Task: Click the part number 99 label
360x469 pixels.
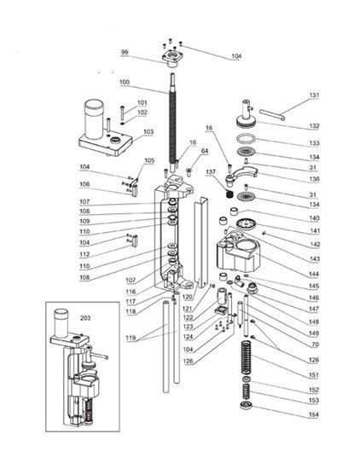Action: [124, 53]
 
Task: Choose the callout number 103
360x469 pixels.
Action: [148, 131]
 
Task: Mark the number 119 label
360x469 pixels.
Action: [130, 339]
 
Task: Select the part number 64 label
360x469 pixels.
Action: [205, 151]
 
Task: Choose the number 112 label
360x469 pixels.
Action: [107, 254]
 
